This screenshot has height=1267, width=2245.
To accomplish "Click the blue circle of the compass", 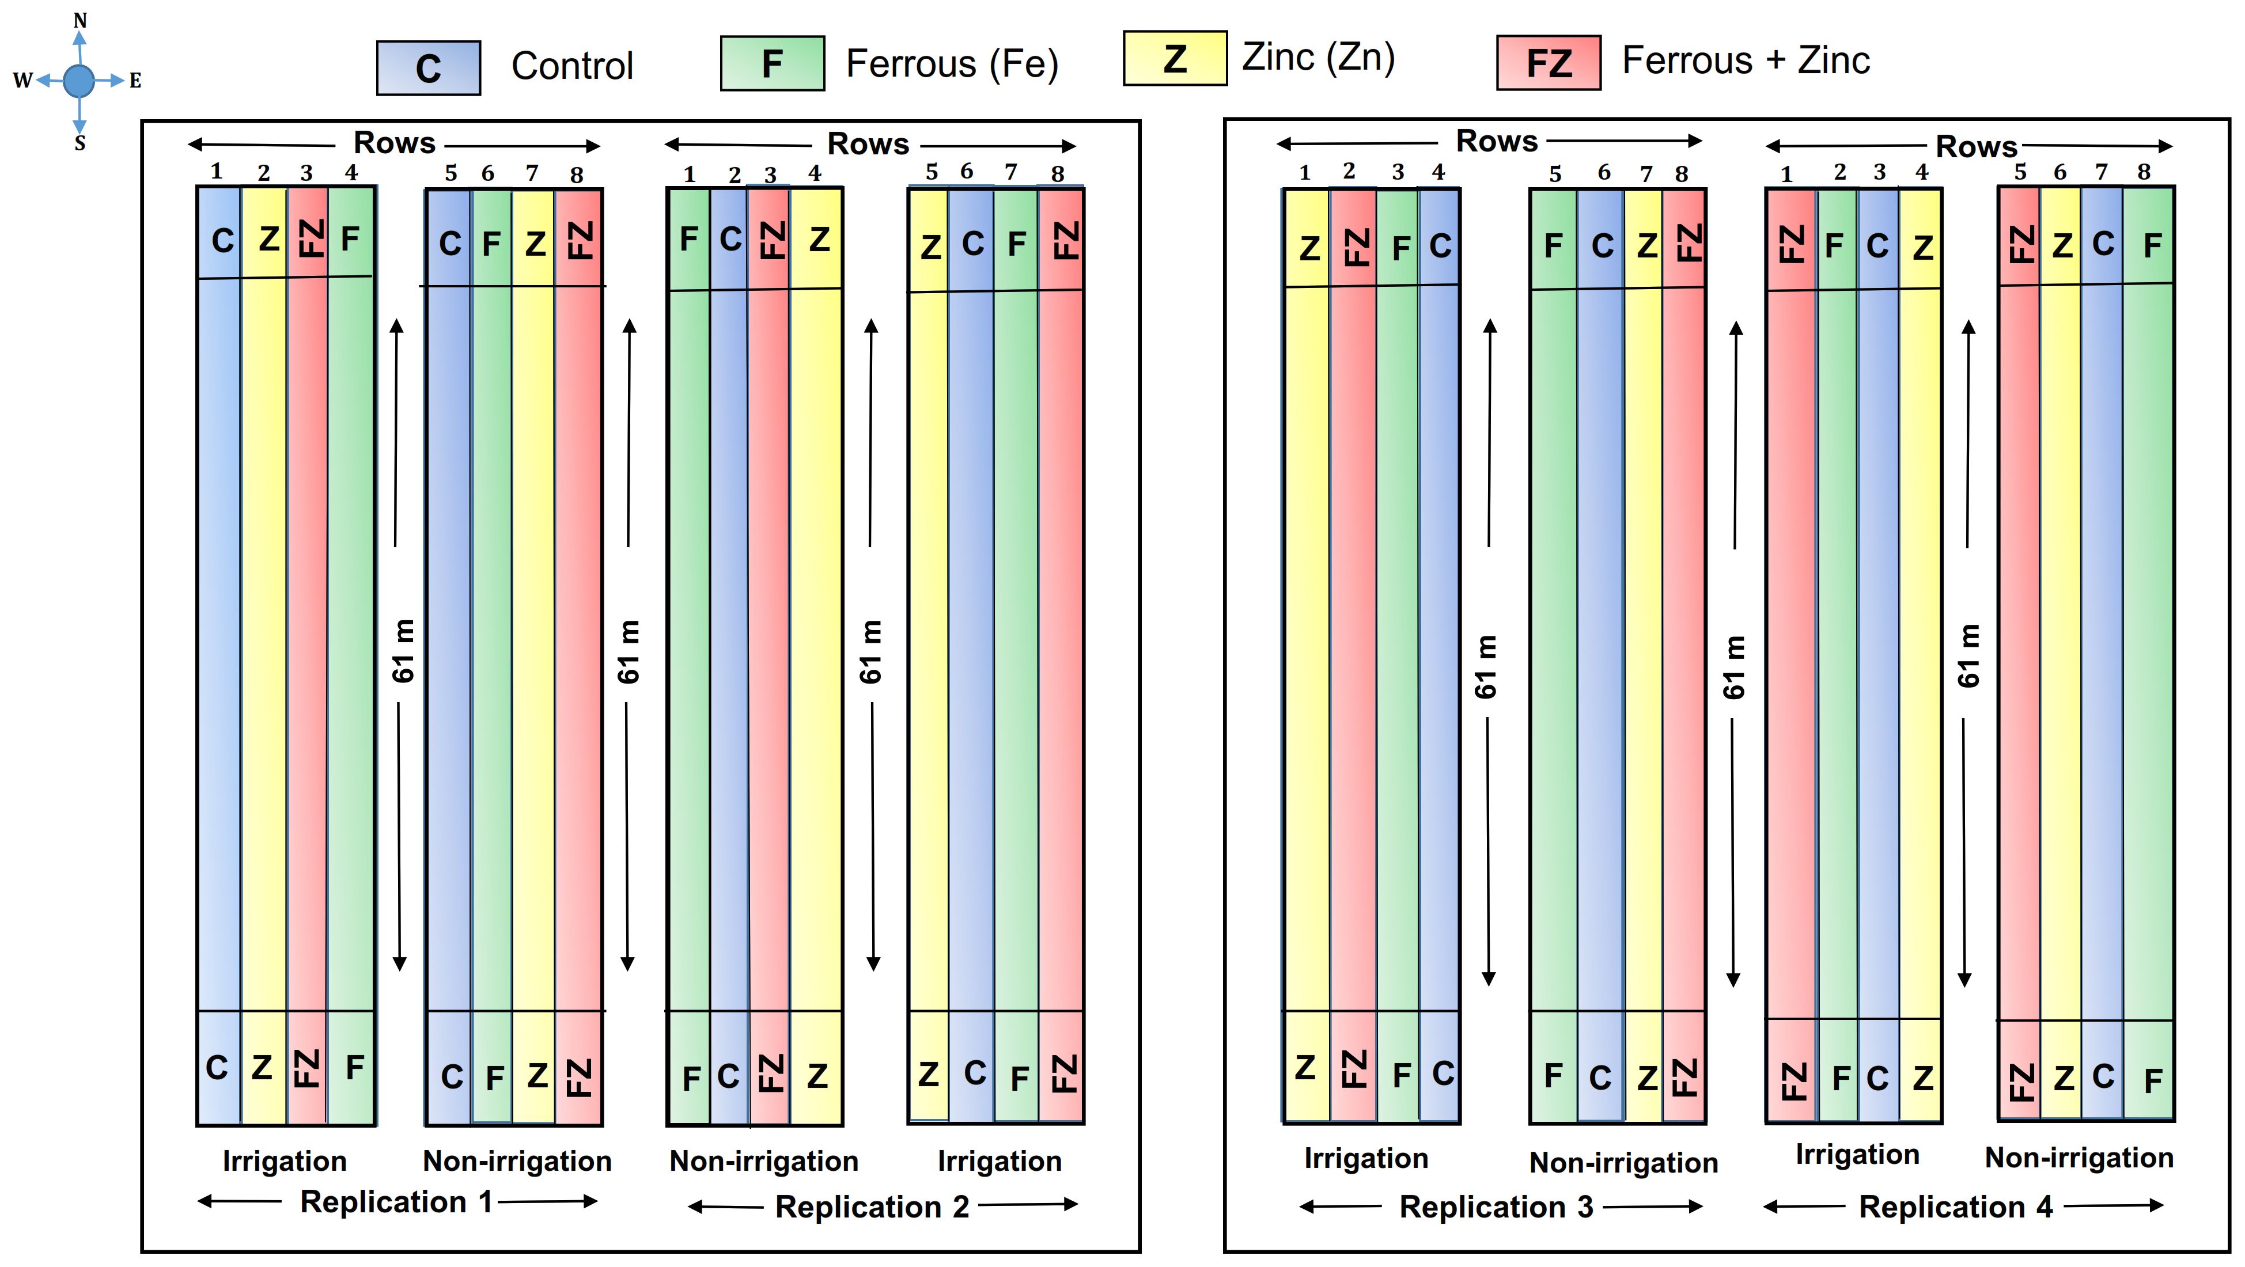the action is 79,81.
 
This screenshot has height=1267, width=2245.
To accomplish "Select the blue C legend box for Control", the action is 428,68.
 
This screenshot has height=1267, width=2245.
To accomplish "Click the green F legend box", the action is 772,63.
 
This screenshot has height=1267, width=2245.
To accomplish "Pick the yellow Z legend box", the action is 1175,58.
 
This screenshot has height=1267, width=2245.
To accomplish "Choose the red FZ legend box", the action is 1548,63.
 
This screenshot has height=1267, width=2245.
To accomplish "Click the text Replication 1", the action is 396,1202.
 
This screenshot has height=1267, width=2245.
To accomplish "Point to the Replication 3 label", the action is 1496,1207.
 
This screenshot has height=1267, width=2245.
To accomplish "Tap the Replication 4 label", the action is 1956,1207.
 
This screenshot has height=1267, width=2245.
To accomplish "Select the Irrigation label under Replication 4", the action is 1857,1155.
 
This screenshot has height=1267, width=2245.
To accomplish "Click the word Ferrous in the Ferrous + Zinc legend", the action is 1686,61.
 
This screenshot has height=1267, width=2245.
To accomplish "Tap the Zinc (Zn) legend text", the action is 1318,58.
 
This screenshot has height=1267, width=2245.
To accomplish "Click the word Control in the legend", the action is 571,66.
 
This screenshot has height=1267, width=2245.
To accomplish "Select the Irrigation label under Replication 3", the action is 1366,1158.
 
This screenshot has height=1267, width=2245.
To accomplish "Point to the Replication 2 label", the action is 872,1207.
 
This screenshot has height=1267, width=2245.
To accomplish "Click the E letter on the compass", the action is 135,81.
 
